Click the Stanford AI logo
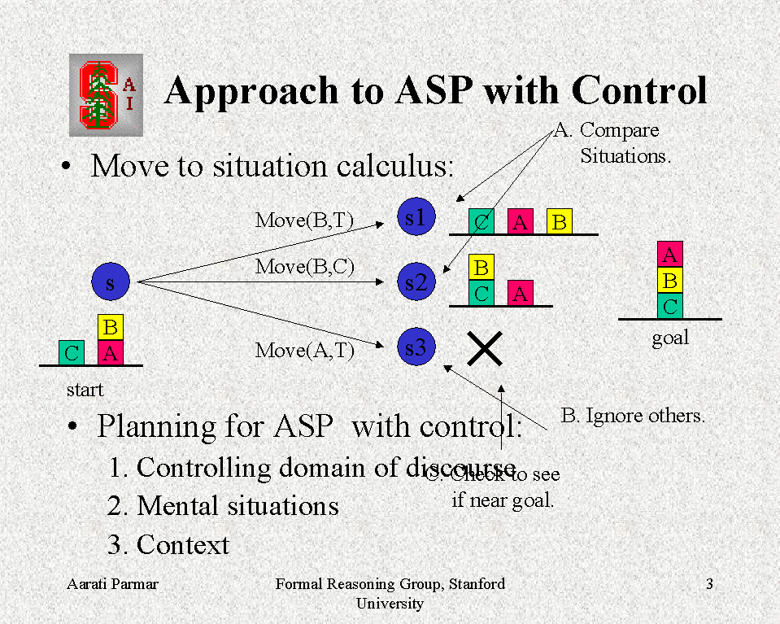[106, 94]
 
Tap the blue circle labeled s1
[416, 217]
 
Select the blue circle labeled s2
[416, 281]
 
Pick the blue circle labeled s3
[416, 347]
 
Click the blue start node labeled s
[110, 282]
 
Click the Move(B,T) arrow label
[305, 220]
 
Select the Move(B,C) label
[305, 266]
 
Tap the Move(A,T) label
[305, 351]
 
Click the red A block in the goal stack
[669, 255]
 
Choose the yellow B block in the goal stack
[669, 281]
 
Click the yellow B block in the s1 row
[560, 221]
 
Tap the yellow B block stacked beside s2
[482, 267]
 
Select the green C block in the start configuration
[72, 353]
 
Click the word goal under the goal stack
[670, 338]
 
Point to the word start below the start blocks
[85, 390]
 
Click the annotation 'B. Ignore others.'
[633, 416]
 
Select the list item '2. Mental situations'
[223, 506]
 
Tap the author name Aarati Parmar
[112, 584]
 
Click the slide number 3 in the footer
[709, 584]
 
